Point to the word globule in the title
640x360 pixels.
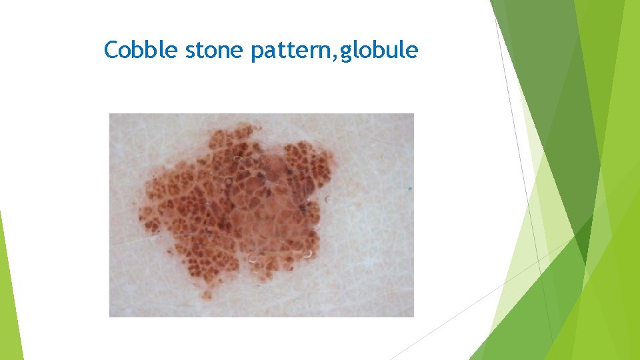pyautogui.click(x=379, y=51)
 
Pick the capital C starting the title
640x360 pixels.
pyautogui.click(x=111, y=50)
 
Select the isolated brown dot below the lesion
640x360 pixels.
pyautogui.click(x=207, y=294)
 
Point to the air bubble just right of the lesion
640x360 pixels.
pyautogui.click(x=328, y=199)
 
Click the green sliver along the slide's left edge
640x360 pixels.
pyautogui.click(x=9, y=293)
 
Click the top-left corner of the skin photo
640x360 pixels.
pyautogui.click(x=110, y=114)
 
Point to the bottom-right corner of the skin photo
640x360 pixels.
pyautogui.click(x=413, y=316)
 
